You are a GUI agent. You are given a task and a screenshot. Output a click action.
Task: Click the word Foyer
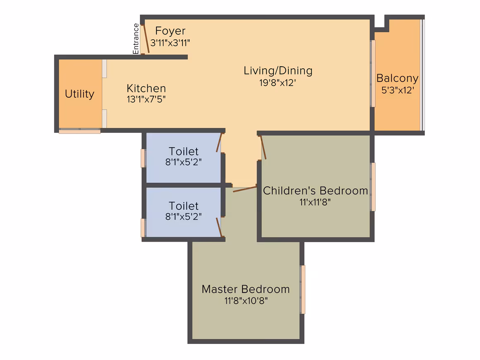point(170,31)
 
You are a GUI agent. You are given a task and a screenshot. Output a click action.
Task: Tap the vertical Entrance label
point(136,39)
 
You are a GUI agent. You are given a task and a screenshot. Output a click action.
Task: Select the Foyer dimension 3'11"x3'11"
point(170,43)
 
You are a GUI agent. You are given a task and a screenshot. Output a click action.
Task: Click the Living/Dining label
point(278,71)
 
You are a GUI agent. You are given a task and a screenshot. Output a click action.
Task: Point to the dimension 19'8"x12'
point(278,83)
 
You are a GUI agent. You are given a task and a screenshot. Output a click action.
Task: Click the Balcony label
point(397,78)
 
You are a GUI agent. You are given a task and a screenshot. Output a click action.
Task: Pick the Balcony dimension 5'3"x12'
point(398,90)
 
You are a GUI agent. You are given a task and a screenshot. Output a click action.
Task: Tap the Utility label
point(79,94)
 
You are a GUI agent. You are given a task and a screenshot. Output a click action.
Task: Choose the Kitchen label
point(146,89)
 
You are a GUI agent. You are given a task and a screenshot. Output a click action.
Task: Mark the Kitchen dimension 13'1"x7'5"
point(146,99)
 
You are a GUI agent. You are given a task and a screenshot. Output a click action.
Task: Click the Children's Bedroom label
point(315,191)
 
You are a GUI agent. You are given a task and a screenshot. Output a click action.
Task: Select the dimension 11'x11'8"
point(315,202)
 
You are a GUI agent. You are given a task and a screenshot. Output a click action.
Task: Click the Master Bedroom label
point(245,289)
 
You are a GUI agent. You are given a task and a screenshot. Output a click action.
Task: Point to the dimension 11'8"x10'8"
point(246,301)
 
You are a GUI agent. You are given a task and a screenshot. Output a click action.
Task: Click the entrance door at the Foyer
point(146,39)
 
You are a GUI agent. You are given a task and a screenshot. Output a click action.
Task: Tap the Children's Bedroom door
point(263,148)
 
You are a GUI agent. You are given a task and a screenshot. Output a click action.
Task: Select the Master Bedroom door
point(245,189)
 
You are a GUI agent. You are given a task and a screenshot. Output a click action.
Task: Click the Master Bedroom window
point(303,290)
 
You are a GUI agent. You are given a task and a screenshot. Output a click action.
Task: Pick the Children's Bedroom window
point(373,187)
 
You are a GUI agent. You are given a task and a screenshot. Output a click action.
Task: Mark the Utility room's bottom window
point(79,131)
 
